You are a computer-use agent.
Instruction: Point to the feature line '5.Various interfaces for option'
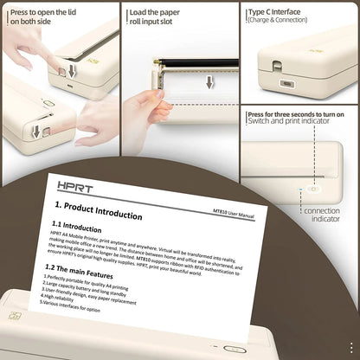tap(74, 305)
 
